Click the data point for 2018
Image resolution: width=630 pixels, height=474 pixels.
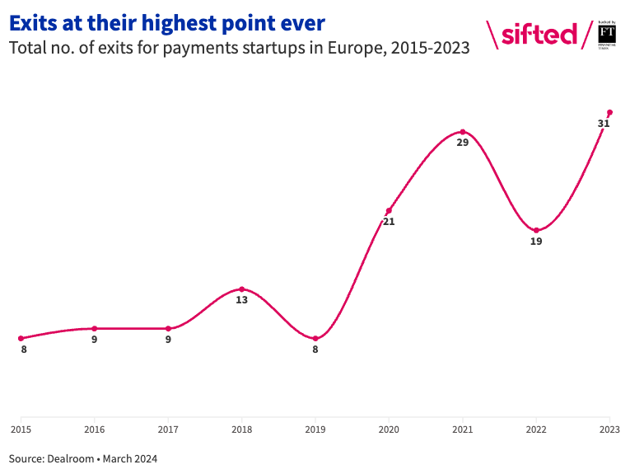(241, 289)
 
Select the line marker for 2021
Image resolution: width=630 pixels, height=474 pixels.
(463, 132)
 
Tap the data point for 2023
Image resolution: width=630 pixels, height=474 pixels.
(609, 112)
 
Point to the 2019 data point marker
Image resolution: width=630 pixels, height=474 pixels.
(315, 338)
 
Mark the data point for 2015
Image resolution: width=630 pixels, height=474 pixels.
(21, 338)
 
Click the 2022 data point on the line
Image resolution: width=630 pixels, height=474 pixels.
(536, 230)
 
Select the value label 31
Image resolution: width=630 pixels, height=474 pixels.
(604, 124)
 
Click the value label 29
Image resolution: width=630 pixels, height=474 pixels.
(463, 143)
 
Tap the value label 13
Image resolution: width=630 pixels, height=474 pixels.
(241, 301)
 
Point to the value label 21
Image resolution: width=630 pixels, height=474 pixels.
(389, 222)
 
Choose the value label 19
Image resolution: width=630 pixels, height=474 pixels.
(536, 242)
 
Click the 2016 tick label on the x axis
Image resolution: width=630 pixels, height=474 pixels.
(95, 429)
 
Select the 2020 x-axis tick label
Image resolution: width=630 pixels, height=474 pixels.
(389, 429)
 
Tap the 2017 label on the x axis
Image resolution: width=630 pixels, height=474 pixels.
(168, 429)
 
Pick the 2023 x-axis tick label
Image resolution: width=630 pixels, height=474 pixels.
(609, 429)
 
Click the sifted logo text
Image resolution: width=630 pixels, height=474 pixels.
(539, 34)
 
